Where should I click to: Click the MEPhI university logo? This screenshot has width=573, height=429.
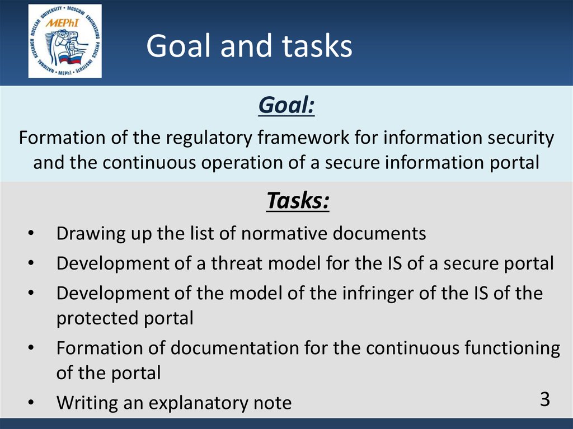(x=65, y=41)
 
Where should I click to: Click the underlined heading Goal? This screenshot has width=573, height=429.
(x=286, y=106)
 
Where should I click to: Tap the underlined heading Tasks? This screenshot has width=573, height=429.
(x=298, y=201)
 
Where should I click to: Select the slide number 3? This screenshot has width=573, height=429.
(x=545, y=399)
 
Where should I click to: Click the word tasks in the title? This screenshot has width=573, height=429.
(x=317, y=46)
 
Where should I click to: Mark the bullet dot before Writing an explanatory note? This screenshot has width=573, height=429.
(x=31, y=403)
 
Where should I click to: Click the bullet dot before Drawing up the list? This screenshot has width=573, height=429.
(x=31, y=233)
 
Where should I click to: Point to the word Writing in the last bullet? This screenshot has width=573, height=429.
(x=87, y=403)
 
